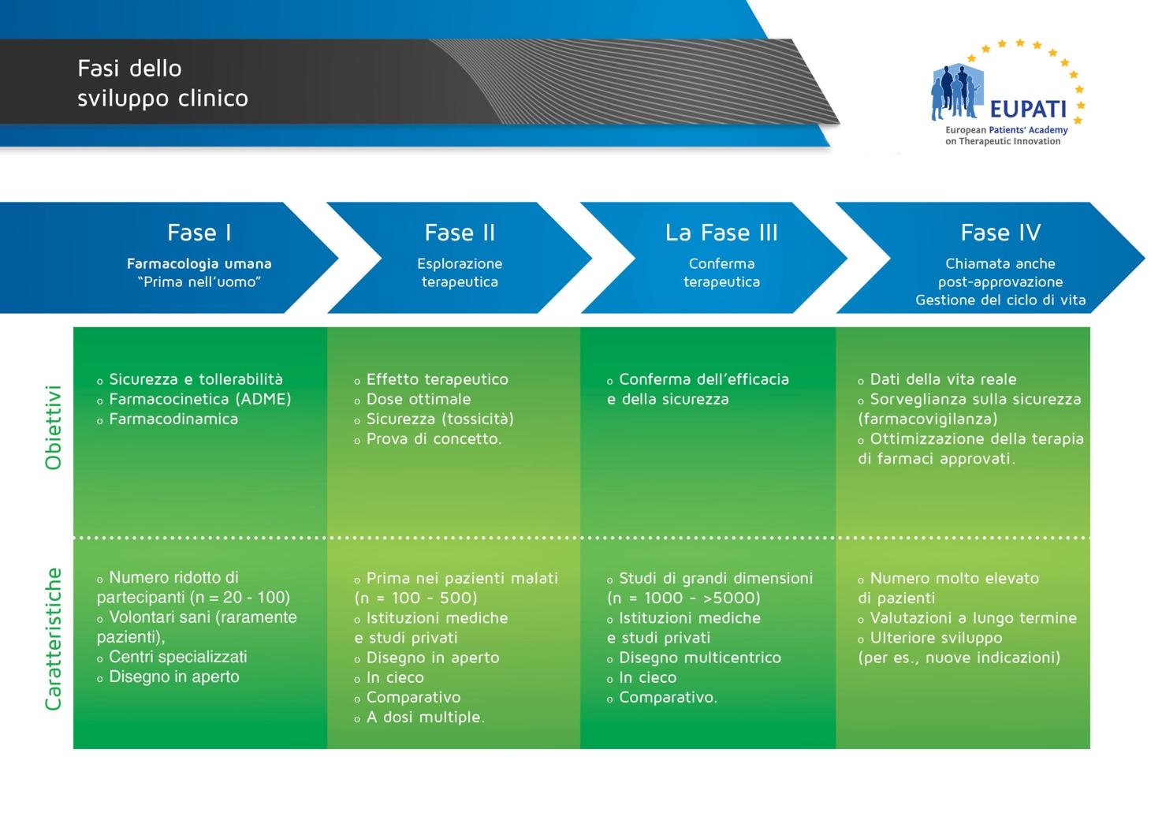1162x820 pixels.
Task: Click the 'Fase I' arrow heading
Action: click(x=199, y=233)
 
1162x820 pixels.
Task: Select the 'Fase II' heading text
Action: click(x=460, y=233)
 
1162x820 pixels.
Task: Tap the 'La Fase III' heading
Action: click(x=721, y=233)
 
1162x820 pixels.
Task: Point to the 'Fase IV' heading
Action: click(x=1000, y=233)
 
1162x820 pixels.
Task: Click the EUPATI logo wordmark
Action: click(x=1028, y=109)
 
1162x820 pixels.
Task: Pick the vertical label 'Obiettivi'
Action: click(x=54, y=427)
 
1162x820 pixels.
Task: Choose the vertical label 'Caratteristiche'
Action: click(x=54, y=639)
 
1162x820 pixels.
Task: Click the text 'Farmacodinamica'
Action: click(x=173, y=419)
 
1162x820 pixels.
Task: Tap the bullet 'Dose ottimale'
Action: click(x=418, y=400)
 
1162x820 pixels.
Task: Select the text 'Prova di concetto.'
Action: click(x=434, y=439)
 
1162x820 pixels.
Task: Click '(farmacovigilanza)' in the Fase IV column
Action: click(x=928, y=419)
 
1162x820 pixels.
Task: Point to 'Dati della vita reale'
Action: click(x=943, y=379)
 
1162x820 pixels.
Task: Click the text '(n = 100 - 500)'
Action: click(x=416, y=598)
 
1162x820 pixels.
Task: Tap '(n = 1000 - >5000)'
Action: click(x=683, y=598)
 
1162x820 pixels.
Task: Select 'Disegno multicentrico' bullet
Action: click(x=700, y=658)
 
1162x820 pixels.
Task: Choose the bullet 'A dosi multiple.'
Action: click(x=425, y=717)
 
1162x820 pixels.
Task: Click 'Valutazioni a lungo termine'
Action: click(x=973, y=618)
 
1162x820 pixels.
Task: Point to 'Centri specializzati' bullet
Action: click(x=177, y=657)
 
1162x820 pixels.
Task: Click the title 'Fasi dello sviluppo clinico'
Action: click(x=162, y=83)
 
